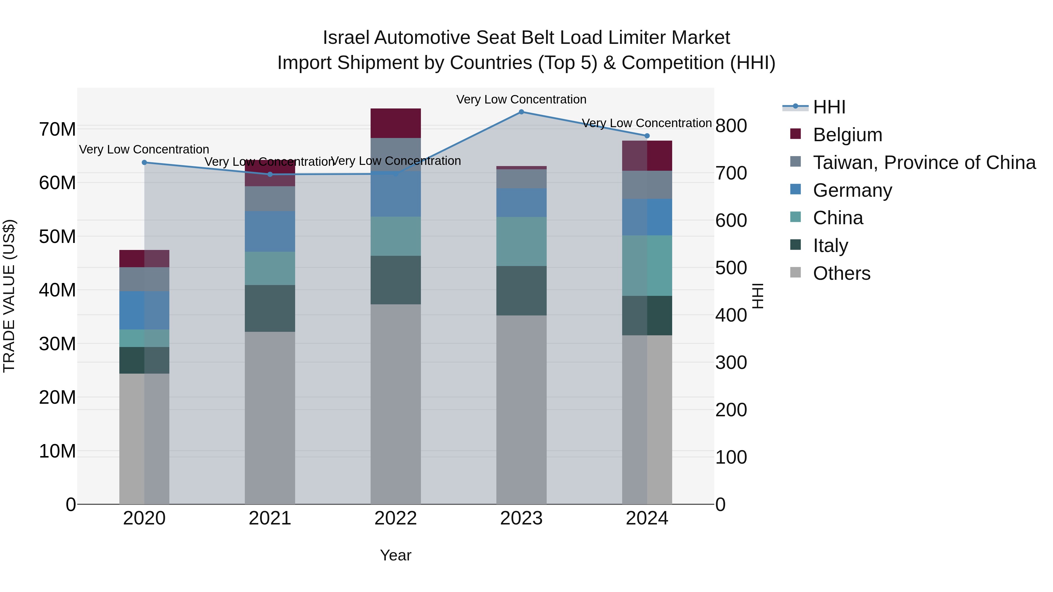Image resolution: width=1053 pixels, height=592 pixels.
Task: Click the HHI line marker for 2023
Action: pyautogui.click(x=521, y=112)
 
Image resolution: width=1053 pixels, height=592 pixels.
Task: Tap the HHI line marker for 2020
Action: pyautogui.click(x=144, y=163)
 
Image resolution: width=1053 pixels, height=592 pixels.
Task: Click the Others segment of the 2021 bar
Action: pyautogui.click(x=270, y=417)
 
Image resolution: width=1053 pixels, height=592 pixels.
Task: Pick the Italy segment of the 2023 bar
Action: pyautogui.click(x=521, y=291)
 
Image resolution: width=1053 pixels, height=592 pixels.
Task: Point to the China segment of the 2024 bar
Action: pyautogui.click(x=647, y=265)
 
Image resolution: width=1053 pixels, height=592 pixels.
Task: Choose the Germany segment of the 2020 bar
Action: pyautogui.click(x=144, y=310)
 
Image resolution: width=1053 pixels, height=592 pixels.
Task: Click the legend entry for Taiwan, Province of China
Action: pyautogui.click(x=924, y=163)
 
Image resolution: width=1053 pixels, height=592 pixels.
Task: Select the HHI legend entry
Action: pyautogui.click(x=829, y=107)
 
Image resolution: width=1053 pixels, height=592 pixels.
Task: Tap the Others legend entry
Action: pyautogui.click(x=841, y=273)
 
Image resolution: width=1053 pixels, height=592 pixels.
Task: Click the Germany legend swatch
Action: pyautogui.click(x=796, y=189)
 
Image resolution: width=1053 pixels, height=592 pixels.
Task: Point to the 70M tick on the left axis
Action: pyautogui.click(x=57, y=130)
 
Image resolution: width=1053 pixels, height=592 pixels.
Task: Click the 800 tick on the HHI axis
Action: pyautogui.click(x=731, y=125)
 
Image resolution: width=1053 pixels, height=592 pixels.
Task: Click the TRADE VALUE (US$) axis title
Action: pyautogui.click(x=9, y=296)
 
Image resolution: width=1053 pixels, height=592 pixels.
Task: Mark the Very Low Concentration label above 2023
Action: pyautogui.click(x=521, y=100)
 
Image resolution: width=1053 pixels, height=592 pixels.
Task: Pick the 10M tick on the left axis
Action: pyautogui.click(x=57, y=451)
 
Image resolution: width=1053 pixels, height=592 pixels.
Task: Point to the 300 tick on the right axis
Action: pyautogui.click(x=731, y=363)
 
